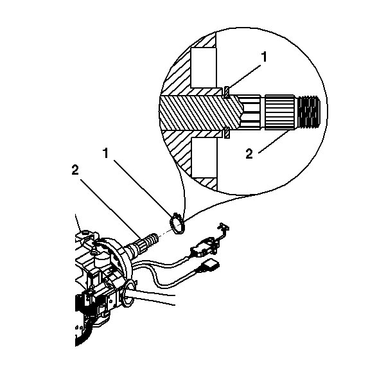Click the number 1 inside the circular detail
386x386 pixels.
coord(264,57)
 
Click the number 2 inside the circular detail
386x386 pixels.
coord(249,154)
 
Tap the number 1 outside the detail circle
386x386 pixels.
coord(106,153)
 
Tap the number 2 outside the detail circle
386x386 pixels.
coord(75,170)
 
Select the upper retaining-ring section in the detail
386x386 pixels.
coord(227,92)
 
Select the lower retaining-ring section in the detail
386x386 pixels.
coord(227,133)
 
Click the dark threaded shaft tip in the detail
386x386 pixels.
coord(309,112)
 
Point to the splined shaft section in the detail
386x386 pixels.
coord(279,112)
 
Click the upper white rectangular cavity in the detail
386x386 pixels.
coord(204,67)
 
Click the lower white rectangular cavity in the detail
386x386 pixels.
coord(204,157)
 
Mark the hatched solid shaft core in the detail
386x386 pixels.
coord(200,112)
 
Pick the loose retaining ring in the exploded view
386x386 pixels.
coord(177,224)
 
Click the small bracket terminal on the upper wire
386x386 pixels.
coord(223,227)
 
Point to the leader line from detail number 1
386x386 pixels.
coord(244,76)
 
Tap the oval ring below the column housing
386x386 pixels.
coord(129,294)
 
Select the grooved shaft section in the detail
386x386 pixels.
coord(250,112)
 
